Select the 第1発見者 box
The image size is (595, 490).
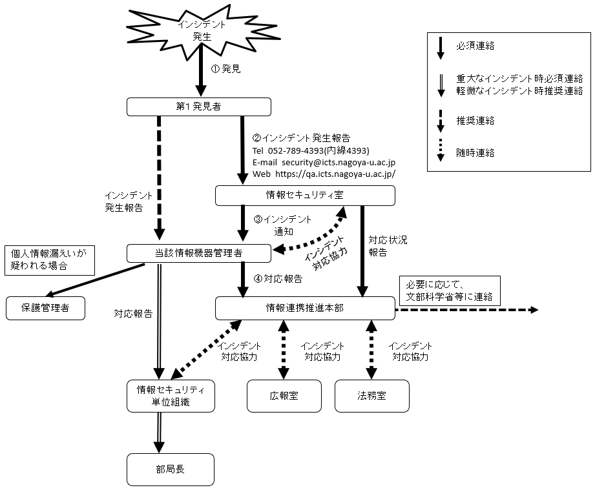(x=198, y=107)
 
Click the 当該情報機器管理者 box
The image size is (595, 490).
(x=198, y=253)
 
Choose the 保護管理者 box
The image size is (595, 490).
(x=46, y=309)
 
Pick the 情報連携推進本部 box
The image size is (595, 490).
(x=304, y=308)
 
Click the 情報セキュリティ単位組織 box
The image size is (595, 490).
(x=171, y=396)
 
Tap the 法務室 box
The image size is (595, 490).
(x=371, y=396)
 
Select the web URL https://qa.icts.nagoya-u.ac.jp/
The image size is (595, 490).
(x=335, y=174)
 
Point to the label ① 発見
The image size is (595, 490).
(x=226, y=68)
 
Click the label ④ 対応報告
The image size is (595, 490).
(x=278, y=280)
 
